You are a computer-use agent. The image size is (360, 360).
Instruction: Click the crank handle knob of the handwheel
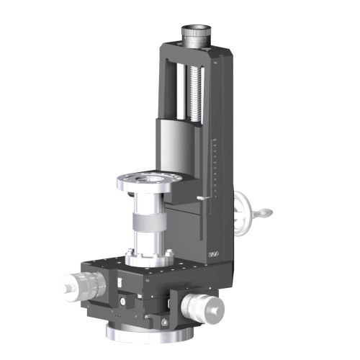pyautogui.click(x=267, y=212)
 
